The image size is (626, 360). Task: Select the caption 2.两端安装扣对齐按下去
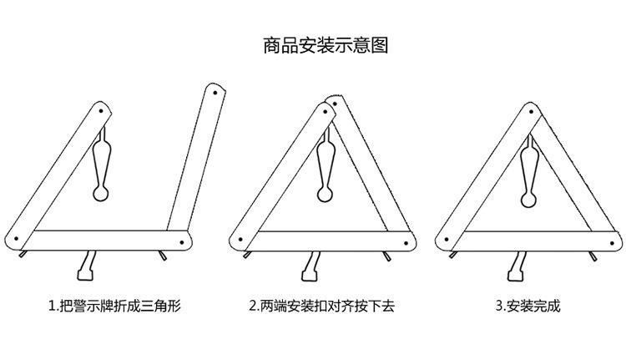pyautogui.click(x=321, y=306)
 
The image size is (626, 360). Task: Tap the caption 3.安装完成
pyautogui.click(x=528, y=306)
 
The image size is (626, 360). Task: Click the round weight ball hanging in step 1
pyautogui.click(x=101, y=195)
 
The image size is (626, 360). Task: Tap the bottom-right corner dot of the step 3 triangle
pyautogui.click(x=612, y=241)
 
